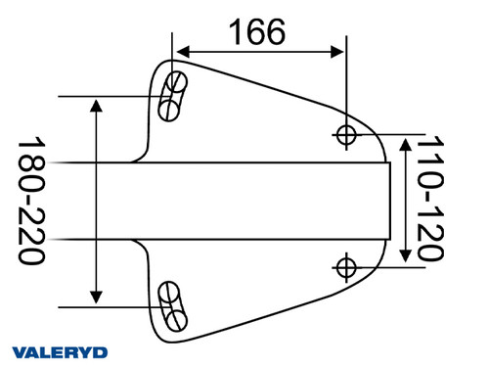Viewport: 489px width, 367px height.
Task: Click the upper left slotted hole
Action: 173,94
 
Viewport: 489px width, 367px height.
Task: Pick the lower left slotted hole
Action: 173,305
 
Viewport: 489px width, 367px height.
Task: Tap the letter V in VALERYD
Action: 21,352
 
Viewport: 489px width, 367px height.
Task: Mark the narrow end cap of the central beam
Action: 386,201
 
